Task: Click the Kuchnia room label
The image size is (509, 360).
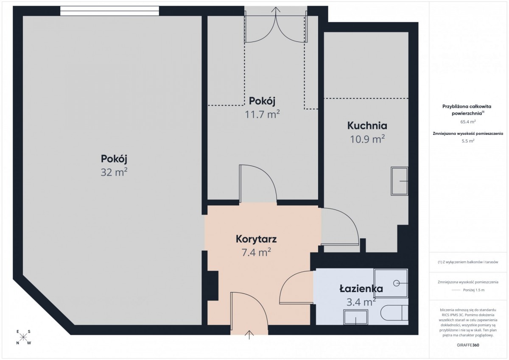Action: [x=367, y=126]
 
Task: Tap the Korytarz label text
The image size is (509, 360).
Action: [x=256, y=239]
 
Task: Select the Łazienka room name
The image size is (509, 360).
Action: [x=361, y=289]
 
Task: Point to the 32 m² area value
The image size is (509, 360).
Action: [x=114, y=172]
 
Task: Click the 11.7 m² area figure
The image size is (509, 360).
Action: [x=262, y=114]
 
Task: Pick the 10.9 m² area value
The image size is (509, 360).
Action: [x=367, y=139]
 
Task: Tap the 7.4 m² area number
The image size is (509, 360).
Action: [x=256, y=252]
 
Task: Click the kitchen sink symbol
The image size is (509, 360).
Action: [x=400, y=181]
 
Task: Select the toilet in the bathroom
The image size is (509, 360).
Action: [x=394, y=313]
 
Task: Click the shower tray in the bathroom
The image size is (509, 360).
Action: [x=391, y=283]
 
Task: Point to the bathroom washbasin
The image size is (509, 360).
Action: [x=355, y=317]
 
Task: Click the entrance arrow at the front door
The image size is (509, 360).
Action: [x=249, y=335]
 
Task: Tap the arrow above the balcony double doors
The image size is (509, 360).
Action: [x=276, y=11]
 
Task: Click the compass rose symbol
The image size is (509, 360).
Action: [x=23, y=337]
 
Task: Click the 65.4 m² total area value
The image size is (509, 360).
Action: [x=468, y=122]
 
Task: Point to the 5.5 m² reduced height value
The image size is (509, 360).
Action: [x=468, y=141]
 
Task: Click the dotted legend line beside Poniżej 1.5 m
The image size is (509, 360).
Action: [x=456, y=290]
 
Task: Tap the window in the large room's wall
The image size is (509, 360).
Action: [x=109, y=11]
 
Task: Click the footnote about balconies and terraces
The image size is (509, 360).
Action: [x=468, y=262]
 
